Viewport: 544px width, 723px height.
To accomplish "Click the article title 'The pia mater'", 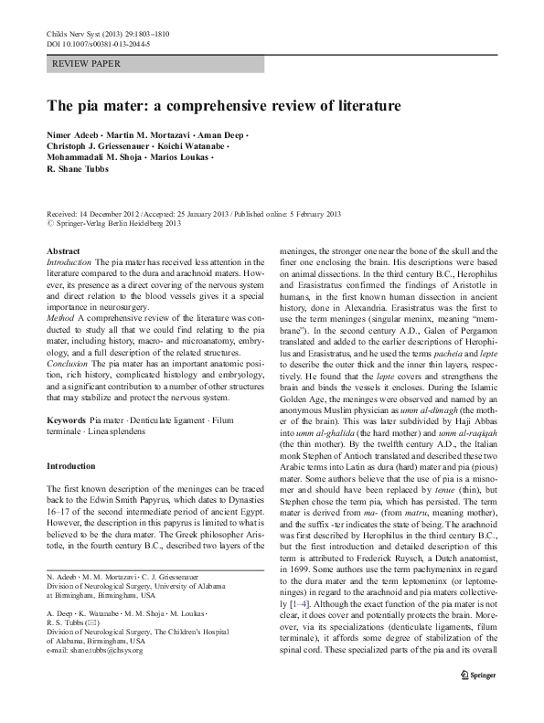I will click(224, 106).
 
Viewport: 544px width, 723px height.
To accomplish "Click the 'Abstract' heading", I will click(63, 250).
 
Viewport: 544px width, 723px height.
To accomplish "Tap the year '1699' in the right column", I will click(296, 569).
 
